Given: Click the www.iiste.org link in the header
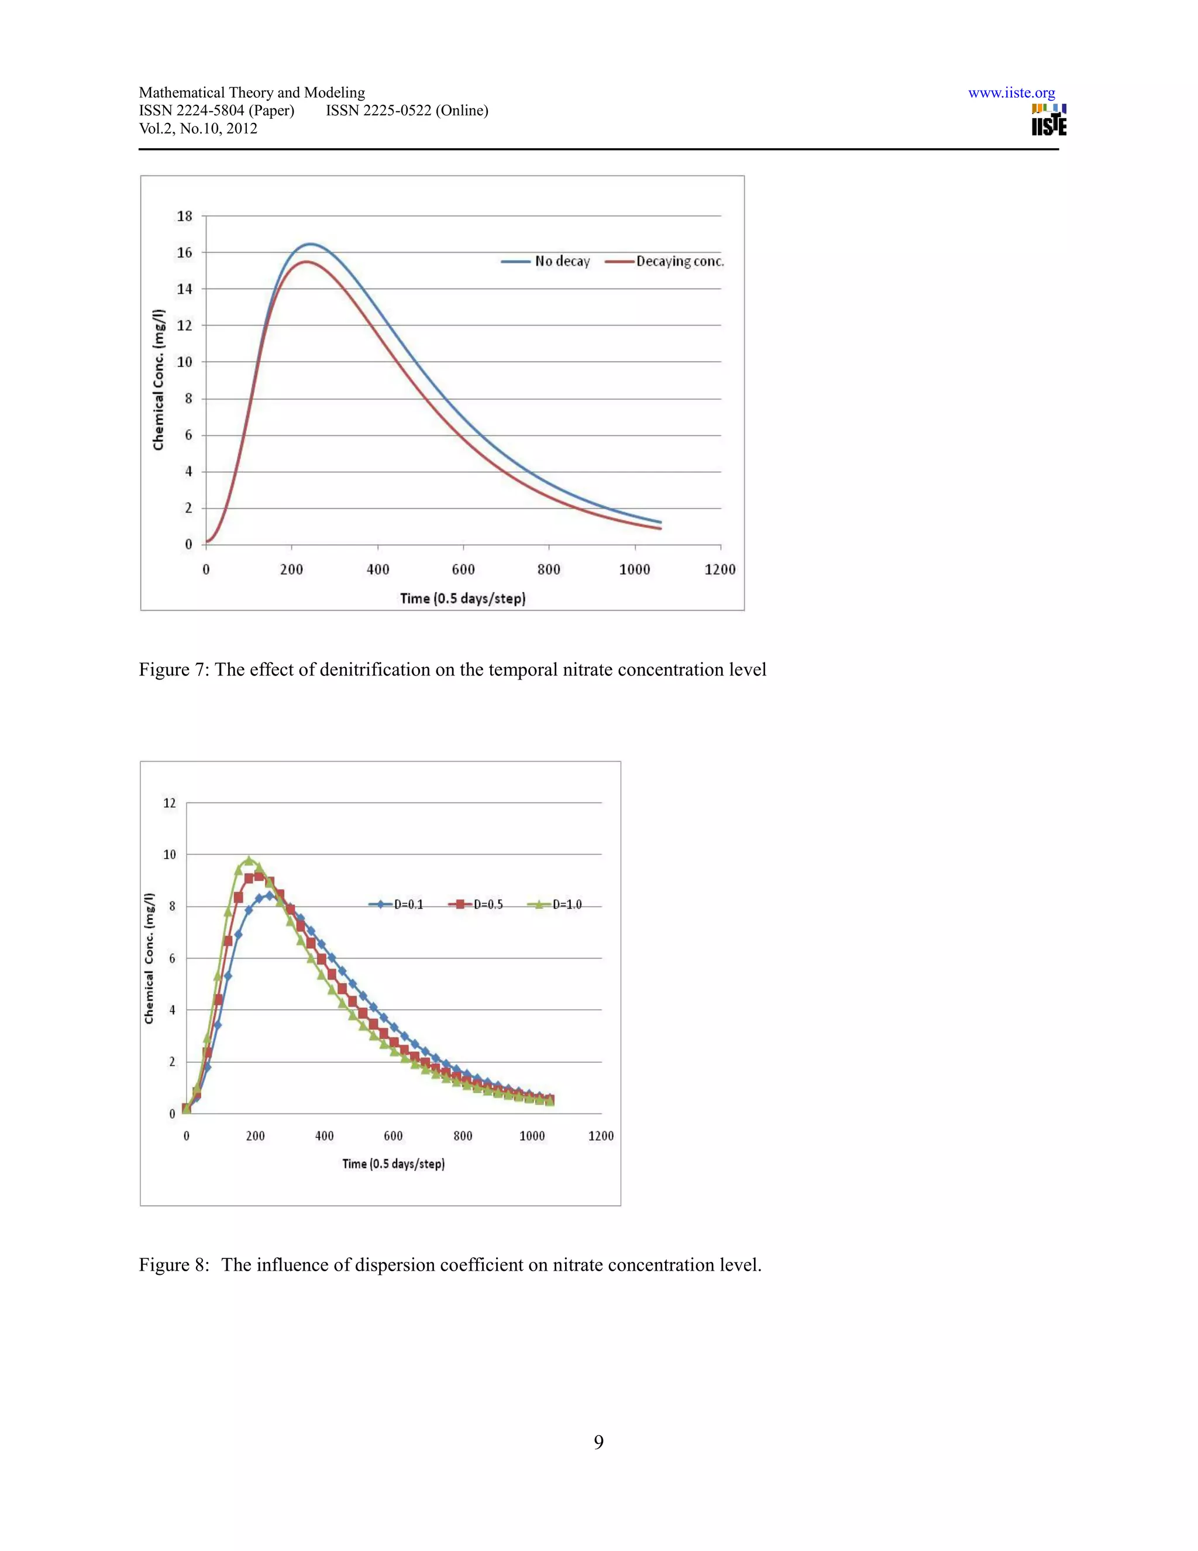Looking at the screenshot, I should (1011, 93).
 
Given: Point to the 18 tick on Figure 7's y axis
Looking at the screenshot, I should (184, 216).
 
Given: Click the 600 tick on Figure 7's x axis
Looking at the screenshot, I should (463, 569).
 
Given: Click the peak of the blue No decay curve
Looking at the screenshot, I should (310, 243).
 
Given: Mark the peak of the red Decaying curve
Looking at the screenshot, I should (306, 262).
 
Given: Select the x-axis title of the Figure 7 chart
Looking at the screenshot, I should (463, 598).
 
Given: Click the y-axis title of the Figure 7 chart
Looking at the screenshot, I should (159, 379).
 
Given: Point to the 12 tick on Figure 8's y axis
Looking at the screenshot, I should (170, 803).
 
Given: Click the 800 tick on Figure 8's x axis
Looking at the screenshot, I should (463, 1135).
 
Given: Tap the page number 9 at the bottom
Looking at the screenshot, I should (598, 1442).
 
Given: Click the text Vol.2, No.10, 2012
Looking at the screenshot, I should (198, 129).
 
